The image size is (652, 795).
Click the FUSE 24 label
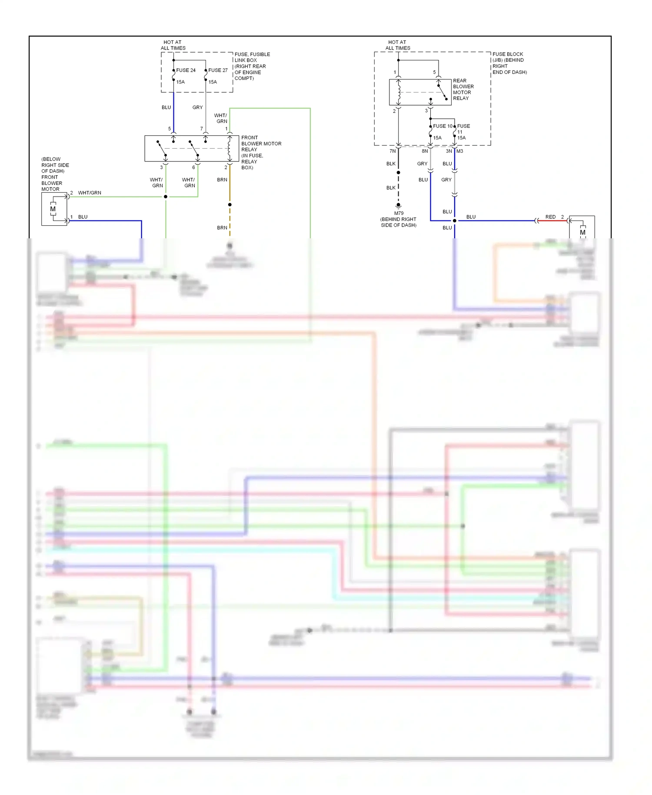186,70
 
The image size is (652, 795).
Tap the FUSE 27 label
218,70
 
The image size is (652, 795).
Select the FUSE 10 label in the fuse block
442,126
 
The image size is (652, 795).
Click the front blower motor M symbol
53,209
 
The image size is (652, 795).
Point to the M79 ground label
399,213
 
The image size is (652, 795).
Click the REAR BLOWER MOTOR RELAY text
463,89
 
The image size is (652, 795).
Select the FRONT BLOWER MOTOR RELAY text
261,152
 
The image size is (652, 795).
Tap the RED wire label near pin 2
550,217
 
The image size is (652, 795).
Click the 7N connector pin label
393,151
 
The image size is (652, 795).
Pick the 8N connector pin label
425,151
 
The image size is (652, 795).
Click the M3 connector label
460,151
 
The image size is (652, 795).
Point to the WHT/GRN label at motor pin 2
90,193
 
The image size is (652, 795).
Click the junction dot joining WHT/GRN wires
166,197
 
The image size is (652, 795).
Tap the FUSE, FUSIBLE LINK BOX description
252,66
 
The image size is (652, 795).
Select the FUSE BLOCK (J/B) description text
509,63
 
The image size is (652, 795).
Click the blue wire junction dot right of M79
455,220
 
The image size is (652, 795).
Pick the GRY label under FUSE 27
197,107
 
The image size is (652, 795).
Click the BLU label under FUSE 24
166,107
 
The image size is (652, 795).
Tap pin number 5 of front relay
170,129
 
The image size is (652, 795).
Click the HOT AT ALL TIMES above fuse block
398,45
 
